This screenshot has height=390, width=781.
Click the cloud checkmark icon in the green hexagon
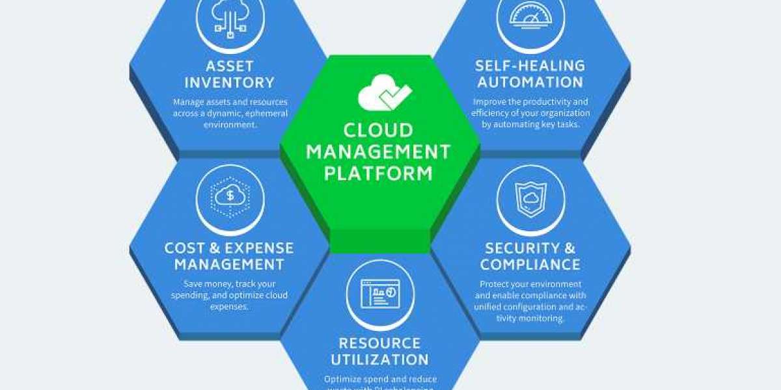pyautogui.click(x=384, y=94)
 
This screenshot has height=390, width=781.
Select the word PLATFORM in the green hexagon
pyautogui.click(x=378, y=174)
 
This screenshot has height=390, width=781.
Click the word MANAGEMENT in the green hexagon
pyautogui.click(x=378, y=152)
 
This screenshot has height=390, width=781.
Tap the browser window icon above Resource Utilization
pyautogui.click(x=380, y=294)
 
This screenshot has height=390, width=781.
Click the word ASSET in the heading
pyautogui.click(x=230, y=66)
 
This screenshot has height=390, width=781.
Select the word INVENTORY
pyautogui.click(x=229, y=83)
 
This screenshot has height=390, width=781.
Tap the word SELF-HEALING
pyautogui.click(x=530, y=66)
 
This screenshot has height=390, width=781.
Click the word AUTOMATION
pyautogui.click(x=530, y=83)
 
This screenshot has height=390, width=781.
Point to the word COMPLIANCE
pyautogui.click(x=530, y=265)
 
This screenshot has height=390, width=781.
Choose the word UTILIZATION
pyautogui.click(x=380, y=359)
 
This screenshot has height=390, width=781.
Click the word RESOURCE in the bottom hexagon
pyautogui.click(x=380, y=343)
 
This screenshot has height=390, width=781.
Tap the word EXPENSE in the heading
pyautogui.click(x=260, y=248)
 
